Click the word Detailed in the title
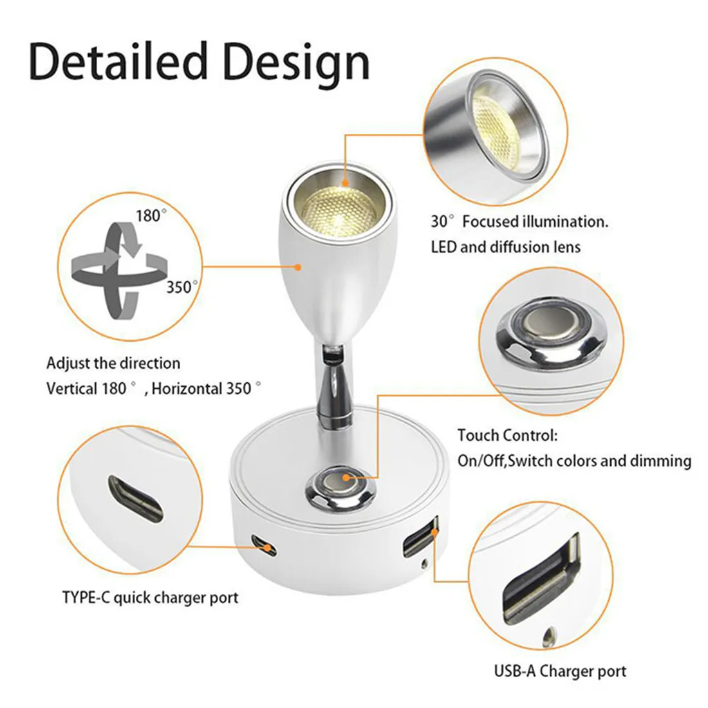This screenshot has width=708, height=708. click(119, 62)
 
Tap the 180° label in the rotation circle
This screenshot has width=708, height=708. click(149, 216)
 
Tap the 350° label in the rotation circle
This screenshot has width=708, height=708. click(179, 287)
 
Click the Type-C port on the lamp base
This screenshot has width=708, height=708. click(264, 544)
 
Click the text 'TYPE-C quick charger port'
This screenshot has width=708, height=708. click(150, 597)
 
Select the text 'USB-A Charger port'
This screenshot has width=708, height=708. click(560, 671)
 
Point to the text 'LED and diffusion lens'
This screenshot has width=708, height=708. click(505, 247)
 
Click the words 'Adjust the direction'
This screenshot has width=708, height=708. click(113, 363)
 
